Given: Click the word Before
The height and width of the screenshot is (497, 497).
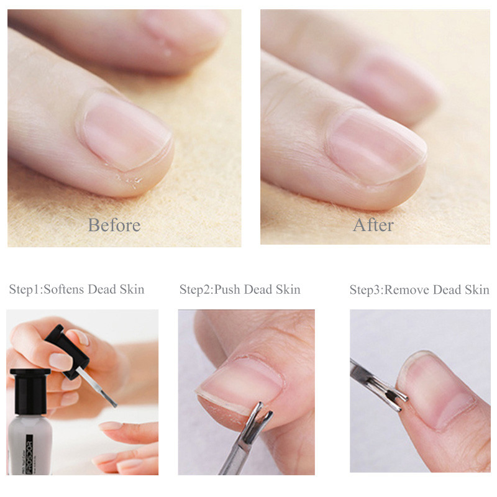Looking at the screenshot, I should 114,224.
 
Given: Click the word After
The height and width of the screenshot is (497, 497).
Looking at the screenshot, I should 373,224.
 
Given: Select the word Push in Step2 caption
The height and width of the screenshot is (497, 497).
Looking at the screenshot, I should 227,290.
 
